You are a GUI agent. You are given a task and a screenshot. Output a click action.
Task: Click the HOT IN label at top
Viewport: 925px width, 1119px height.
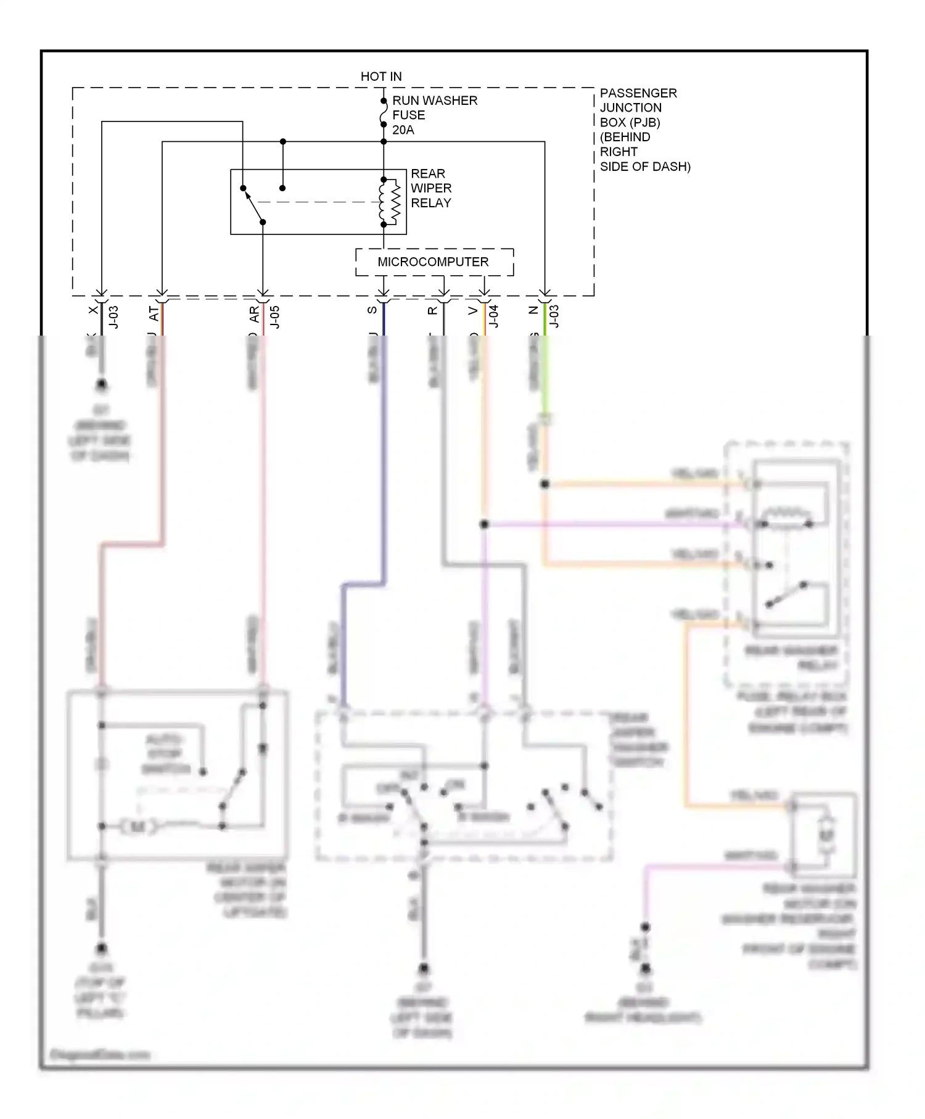[x=380, y=76]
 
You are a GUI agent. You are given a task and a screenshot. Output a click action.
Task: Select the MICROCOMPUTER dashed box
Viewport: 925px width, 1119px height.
[x=434, y=262]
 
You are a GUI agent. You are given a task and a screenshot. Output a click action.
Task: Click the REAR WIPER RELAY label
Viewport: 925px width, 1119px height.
[x=431, y=188]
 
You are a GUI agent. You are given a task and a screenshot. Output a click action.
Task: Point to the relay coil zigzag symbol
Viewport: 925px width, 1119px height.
[x=390, y=202]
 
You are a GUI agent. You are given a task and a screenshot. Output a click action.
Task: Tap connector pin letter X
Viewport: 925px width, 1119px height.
[x=93, y=310]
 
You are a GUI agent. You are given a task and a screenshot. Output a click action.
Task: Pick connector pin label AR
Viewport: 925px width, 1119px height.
[x=254, y=315]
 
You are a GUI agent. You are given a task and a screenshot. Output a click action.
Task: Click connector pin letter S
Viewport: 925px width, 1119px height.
[x=372, y=310]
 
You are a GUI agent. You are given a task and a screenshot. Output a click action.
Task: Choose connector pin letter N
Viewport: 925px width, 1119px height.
[x=534, y=310]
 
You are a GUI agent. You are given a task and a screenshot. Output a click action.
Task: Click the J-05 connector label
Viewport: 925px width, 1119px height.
[x=275, y=317]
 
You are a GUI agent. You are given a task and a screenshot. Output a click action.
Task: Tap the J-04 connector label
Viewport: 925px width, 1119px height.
[x=493, y=316]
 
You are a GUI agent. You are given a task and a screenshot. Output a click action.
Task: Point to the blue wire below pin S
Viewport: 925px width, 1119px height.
[x=384, y=463]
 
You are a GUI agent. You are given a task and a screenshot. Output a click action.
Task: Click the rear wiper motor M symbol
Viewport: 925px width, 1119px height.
[x=137, y=827]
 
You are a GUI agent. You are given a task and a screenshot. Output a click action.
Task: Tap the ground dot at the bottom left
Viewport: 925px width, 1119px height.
[x=101, y=948]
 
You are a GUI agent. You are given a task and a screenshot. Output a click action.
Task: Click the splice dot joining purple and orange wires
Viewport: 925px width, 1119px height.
[x=484, y=524]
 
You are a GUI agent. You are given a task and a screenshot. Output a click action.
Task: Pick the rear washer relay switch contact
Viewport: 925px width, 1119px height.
[x=786, y=595]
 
